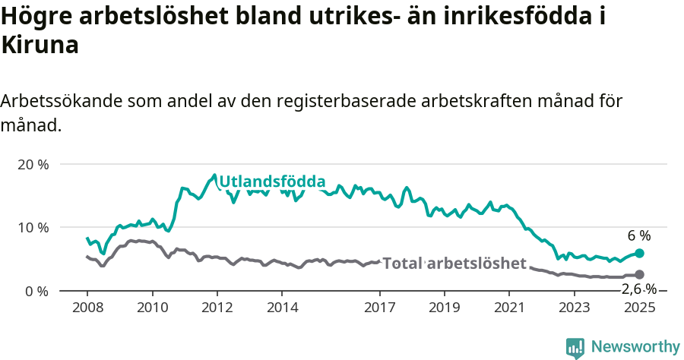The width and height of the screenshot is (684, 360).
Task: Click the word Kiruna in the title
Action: [40, 46]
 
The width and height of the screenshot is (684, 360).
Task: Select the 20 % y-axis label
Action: [33, 164]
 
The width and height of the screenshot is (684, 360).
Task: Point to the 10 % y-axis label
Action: [33, 227]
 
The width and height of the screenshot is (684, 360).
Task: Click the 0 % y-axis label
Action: [36, 290]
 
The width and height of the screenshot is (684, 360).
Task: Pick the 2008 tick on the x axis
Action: [87, 308]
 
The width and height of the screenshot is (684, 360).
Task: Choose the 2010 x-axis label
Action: [152, 308]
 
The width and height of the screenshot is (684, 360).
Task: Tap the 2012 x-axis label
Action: [217, 308]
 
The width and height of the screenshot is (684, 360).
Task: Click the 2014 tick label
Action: [282, 308]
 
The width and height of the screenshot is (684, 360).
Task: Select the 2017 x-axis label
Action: [380, 308]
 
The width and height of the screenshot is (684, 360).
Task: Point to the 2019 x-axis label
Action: [445, 308]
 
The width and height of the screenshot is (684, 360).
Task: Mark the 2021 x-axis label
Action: [509, 308]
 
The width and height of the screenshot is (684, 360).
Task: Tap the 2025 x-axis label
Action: [639, 308]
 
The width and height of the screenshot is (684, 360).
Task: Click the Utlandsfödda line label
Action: [272, 182]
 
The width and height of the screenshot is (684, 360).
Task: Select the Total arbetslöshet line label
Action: [454, 264]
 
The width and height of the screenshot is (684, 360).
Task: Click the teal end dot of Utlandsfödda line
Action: [639, 253]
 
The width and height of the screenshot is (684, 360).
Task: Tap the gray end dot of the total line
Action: [639, 275]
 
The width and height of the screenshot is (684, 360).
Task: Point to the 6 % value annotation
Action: [639, 235]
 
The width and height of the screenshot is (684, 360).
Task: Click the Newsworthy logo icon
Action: [575, 348]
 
